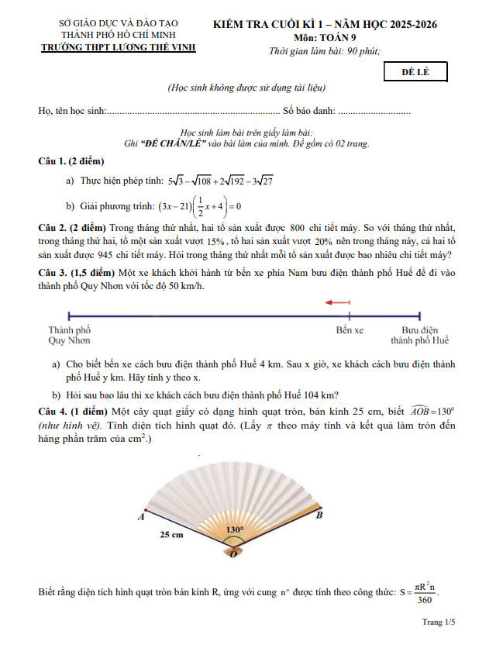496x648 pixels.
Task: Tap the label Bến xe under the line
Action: point(350,329)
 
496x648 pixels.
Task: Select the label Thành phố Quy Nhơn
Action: point(69,335)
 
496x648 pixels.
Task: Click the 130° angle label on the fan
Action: point(234,529)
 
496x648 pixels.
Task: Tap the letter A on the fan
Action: point(142,515)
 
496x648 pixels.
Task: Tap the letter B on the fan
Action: point(320,515)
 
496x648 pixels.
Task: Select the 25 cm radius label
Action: point(172,535)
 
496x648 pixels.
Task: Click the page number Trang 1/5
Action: point(439,622)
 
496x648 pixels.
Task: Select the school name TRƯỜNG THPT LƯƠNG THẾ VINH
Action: point(118,47)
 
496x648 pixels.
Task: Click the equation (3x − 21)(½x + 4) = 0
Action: point(200,206)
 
